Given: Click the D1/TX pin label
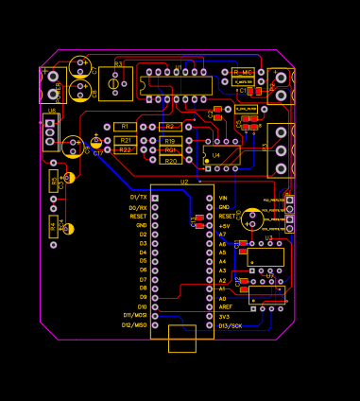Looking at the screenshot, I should (138, 198).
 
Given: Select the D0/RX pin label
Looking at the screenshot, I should (138, 207).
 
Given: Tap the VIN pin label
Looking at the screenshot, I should (223, 198).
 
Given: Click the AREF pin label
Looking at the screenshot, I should (225, 306).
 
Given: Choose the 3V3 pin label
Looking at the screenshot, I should (224, 316).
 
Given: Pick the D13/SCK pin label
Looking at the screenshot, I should (230, 325).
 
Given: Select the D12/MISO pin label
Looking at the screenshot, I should (133, 324).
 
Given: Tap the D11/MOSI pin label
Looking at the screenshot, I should (134, 315).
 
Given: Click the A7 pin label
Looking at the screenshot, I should (222, 235).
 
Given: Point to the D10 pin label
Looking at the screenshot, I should (142, 306).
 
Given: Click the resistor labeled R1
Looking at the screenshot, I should (123, 126).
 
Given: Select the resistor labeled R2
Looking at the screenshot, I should (169, 126).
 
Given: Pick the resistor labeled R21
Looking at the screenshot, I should (125, 140).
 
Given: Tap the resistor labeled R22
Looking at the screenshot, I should (125, 149).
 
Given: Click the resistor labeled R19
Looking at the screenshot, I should (169, 140).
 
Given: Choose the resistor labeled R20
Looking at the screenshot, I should (170, 161).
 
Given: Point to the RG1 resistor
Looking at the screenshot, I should (170, 149).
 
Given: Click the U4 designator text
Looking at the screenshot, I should (216, 154).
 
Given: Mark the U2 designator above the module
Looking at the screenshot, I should (184, 181).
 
